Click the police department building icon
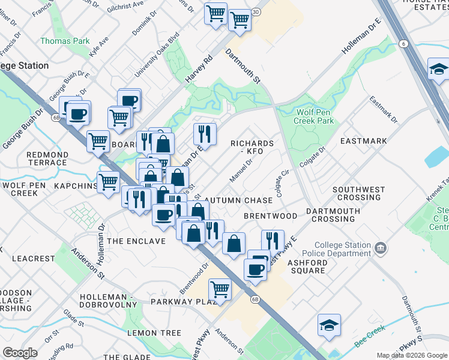point(380,248)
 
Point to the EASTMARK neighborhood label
point(363,141)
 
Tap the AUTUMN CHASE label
point(238,200)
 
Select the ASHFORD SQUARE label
point(307,266)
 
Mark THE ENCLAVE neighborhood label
point(136,241)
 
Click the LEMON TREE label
point(154,333)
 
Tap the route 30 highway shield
point(256,12)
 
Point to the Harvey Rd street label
point(200,70)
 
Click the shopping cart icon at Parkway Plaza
point(220,289)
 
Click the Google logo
point(20,353)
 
